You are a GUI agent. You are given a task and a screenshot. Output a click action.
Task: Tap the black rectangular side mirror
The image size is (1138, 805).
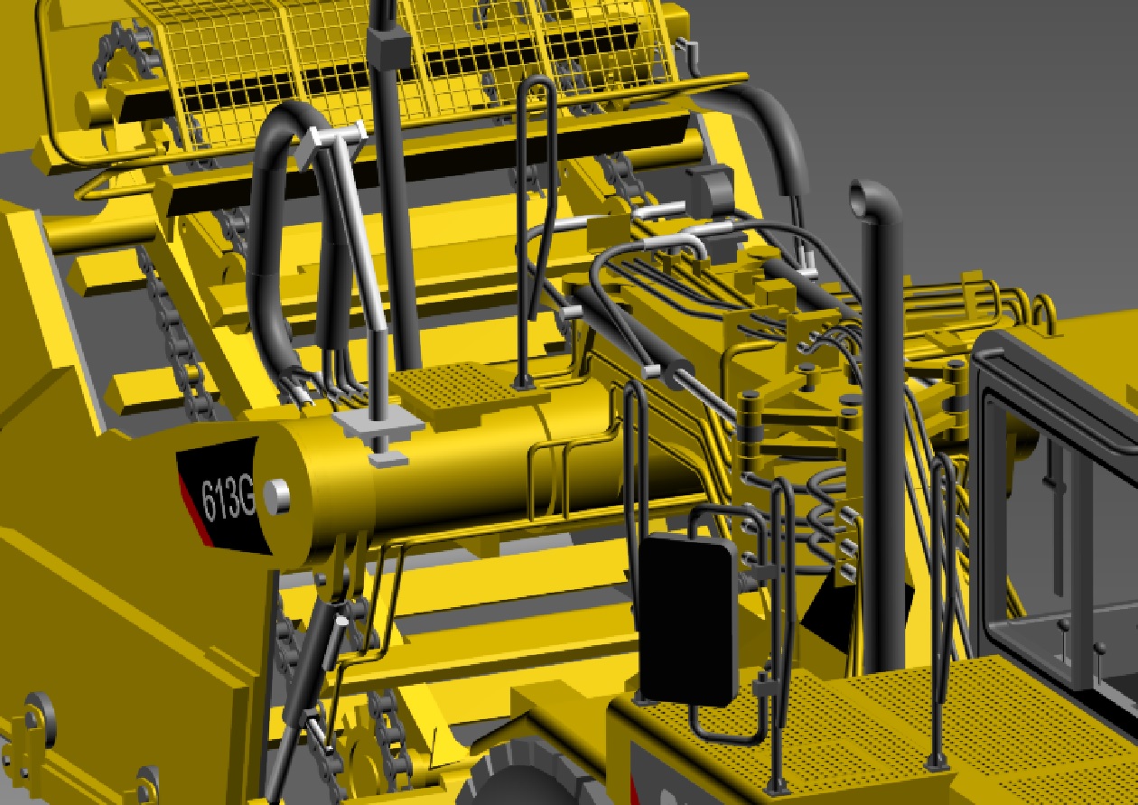(x=686, y=620)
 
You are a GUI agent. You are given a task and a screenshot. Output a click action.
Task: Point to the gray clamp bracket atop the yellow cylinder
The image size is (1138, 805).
(x=379, y=425)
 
